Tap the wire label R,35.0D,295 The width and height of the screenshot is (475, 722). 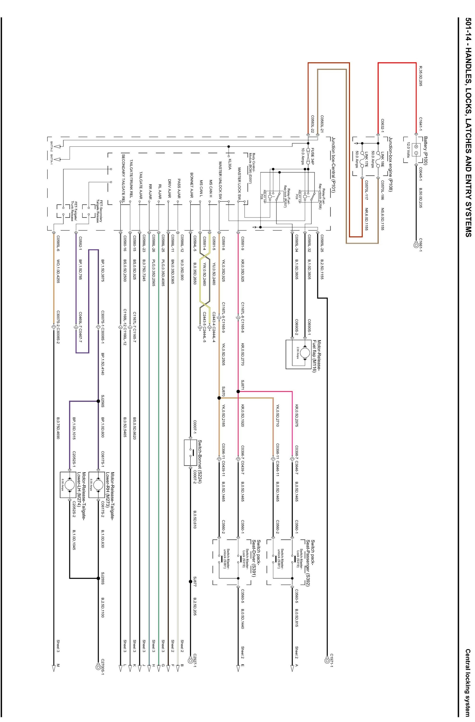click(421, 76)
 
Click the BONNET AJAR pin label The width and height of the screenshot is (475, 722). click(192, 185)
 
